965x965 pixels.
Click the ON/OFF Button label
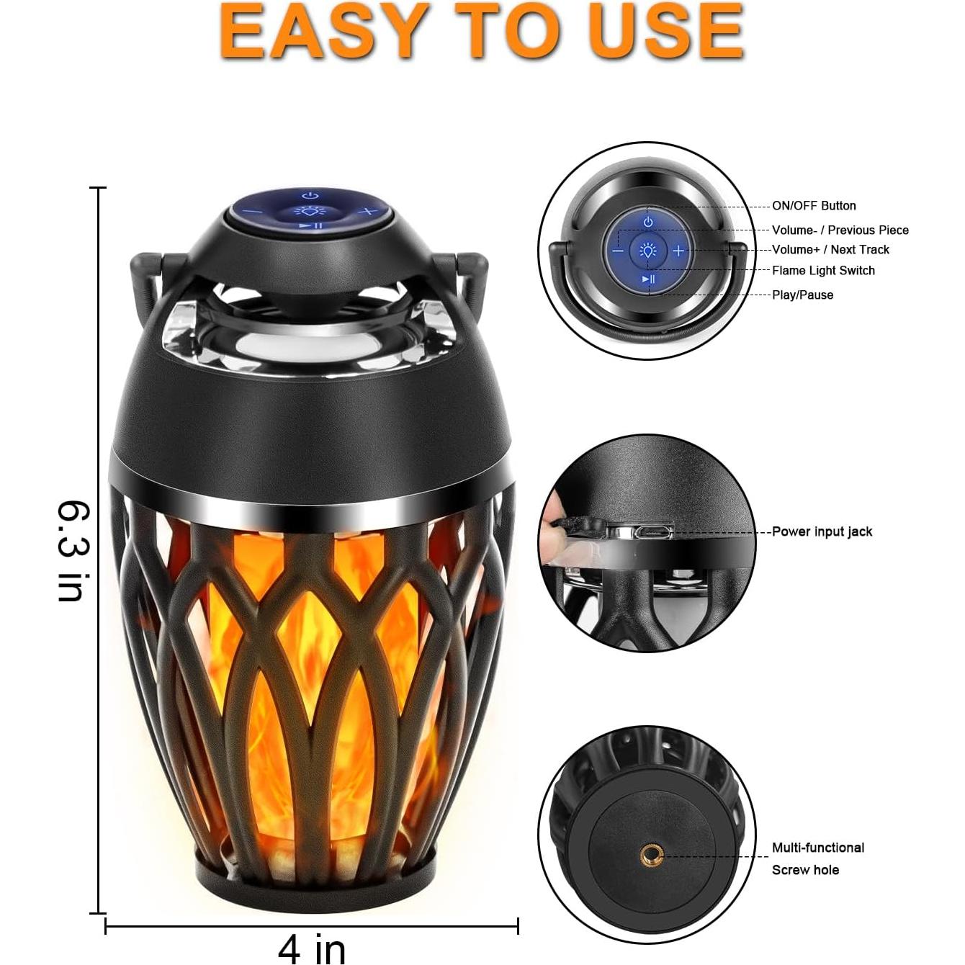pos(814,206)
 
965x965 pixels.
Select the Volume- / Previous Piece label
pos(840,230)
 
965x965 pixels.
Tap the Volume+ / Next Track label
pos(830,250)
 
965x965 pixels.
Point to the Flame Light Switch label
pos(823,271)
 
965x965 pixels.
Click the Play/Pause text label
pos(802,295)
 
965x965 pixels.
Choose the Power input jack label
pos(822,532)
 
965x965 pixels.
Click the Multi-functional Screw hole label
pos(817,858)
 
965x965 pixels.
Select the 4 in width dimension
pos(312,948)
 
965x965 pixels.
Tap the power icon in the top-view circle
pos(648,223)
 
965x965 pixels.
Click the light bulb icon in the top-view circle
pos(648,251)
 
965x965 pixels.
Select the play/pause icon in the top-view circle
pos(648,279)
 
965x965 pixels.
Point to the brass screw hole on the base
pos(652,856)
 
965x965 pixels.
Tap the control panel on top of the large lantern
pos(310,210)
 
